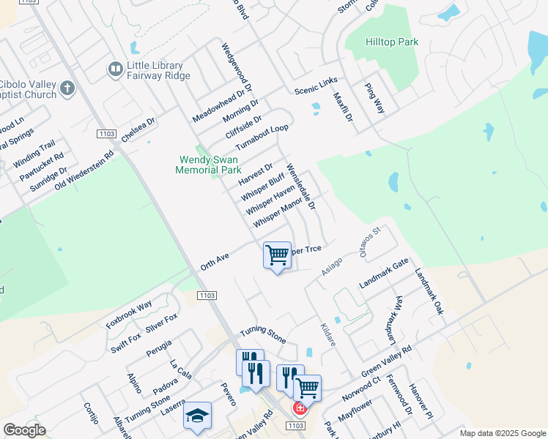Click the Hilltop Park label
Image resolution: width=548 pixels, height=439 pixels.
coord(392,42)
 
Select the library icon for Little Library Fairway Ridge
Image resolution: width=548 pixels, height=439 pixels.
coord(115,70)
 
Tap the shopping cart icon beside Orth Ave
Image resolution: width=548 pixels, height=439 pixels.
coord(277,255)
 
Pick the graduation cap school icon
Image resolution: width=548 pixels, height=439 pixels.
coord(196,416)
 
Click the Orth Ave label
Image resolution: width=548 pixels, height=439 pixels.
coord(215,262)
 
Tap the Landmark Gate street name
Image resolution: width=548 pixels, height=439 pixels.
coord(384,274)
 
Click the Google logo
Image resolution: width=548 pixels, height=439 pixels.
coord(24,430)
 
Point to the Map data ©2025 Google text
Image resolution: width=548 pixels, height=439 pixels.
coord(502,433)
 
